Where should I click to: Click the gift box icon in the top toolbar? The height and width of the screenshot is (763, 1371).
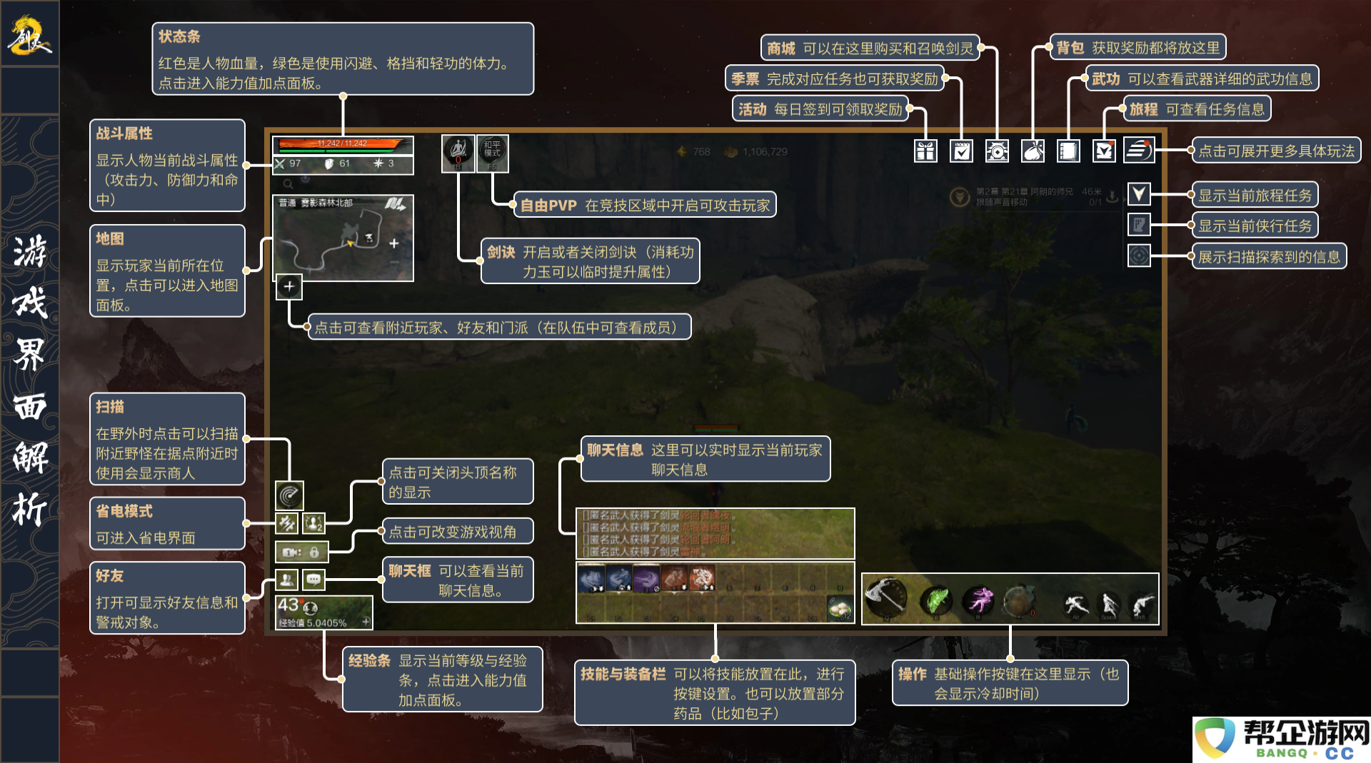[925, 151]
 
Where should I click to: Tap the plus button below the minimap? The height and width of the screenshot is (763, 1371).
[288, 287]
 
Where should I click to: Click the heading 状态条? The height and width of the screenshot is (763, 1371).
[179, 36]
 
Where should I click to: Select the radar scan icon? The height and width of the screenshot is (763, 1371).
[289, 495]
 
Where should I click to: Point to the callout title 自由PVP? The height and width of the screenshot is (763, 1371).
[548, 206]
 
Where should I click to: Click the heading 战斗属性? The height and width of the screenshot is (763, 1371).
[124, 133]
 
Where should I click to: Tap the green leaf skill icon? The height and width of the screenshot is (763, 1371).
[936, 600]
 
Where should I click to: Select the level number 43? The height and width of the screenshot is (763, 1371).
[288, 605]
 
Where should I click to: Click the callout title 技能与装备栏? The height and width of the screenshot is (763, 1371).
[623, 674]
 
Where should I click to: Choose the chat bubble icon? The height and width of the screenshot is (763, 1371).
[313, 580]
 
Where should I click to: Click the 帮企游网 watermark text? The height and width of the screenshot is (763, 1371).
[1306, 734]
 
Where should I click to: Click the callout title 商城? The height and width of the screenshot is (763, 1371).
[781, 49]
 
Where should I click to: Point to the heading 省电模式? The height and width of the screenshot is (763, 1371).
[124, 511]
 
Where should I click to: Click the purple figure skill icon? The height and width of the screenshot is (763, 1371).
[980, 600]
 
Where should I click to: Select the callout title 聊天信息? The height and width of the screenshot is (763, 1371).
[615, 450]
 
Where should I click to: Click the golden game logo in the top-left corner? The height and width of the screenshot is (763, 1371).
[29, 35]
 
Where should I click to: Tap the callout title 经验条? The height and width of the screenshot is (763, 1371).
[369, 661]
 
